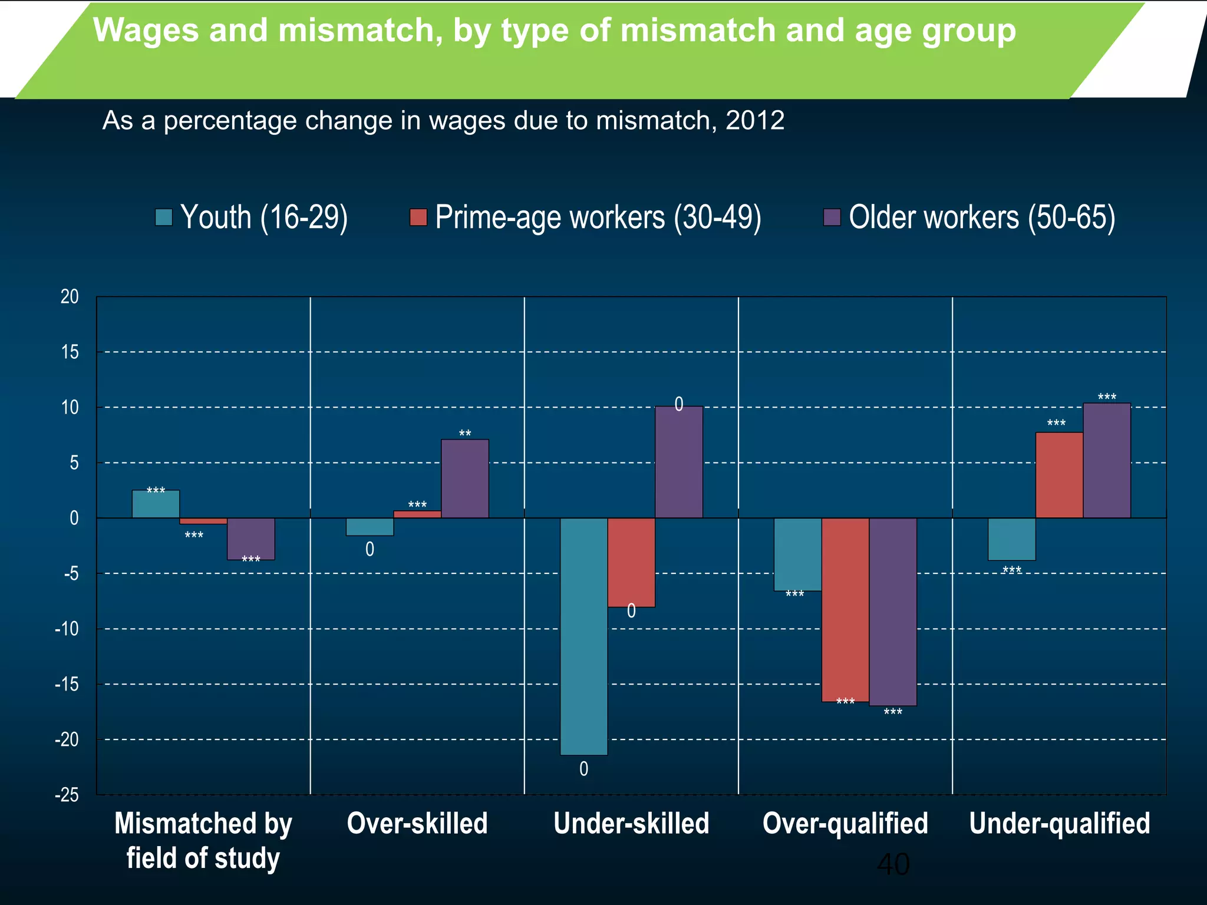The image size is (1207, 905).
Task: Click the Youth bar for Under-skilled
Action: pyautogui.click(x=583, y=636)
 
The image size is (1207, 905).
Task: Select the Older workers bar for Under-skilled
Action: pyautogui.click(x=678, y=463)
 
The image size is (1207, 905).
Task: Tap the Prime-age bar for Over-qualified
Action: pyautogui.click(x=845, y=610)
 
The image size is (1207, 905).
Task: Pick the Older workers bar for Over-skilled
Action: pyautogui.click(x=464, y=479)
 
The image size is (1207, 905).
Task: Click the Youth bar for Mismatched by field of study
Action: pyautogui.click(x=156, y=504)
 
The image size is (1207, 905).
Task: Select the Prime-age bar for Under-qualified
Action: pyautogui.click(x=1059, y=475)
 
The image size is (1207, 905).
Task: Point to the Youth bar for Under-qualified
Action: pyautogui.click(x=1011, y=539)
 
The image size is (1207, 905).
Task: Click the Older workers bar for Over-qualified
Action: pyautogui.click(x=892, y=612)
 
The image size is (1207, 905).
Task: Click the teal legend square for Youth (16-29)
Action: pyautogui.click(x=163, y=217)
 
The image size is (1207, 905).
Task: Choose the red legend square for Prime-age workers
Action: pyautogui.click(x=418, y=217)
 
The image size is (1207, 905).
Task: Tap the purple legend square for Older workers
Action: pyautogui.click(x=832, y=217)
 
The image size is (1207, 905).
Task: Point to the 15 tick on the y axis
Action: pyautogui.click(x=70, y=352)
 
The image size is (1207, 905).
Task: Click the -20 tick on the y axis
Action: pyautogui.click(x=67, y=740)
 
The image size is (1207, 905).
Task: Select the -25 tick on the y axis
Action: pyautogui.click(x=67, y=795)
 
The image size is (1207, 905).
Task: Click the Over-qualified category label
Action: pyautogui.click(x=845, y=823)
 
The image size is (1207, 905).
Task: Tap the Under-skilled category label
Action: pyautogui.click(x=631, y=823)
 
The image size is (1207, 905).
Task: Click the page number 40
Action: pyautogui.click(x=893, y=864)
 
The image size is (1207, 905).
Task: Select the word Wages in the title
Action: pyautogui.click(x=146, y=31)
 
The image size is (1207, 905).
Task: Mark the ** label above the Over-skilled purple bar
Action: pyautogui.click(x=464, y=434)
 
